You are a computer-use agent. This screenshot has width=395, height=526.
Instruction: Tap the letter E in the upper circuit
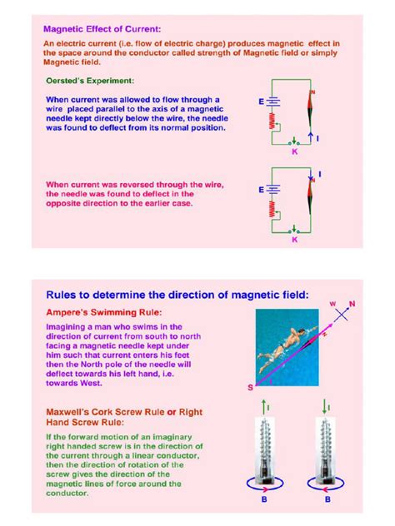click(262, 101)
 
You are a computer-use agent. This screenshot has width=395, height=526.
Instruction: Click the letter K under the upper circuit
click(294, 152)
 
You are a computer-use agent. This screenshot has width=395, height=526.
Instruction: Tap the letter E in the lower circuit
click(262, 189)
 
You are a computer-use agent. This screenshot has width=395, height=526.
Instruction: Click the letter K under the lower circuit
click(294, 240)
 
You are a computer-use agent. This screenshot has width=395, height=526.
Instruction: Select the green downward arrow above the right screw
click(325, 404)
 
